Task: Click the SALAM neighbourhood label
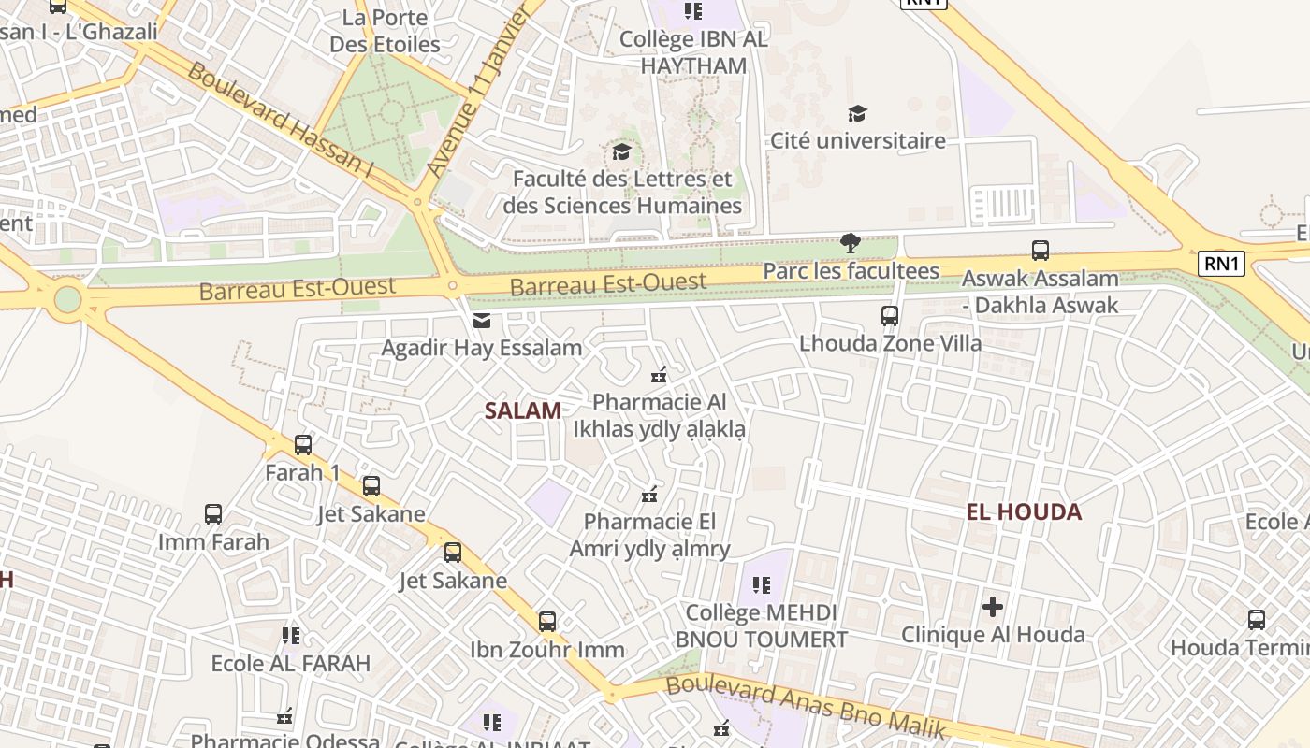[523, 410]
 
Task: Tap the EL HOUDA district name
[1024, 511]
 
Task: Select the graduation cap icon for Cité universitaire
[856, 114]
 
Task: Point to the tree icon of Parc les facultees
[851, 244]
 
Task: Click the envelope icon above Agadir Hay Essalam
[482, 321]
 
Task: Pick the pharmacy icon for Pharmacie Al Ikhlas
[659, 375]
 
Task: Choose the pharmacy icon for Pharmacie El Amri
[649, 495]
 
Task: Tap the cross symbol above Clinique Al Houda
[993, 607]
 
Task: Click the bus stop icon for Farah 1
[302, 445]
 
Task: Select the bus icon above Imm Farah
[213, 514]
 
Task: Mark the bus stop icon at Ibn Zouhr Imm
[546, 622]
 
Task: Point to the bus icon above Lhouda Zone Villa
[890, 316]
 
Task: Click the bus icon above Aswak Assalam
[1040, 251]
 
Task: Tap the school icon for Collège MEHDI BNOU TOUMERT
[762, 586]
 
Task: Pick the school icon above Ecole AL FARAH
[291, 636]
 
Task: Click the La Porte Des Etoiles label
[385, 31]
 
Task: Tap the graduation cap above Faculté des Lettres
[621, 151]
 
